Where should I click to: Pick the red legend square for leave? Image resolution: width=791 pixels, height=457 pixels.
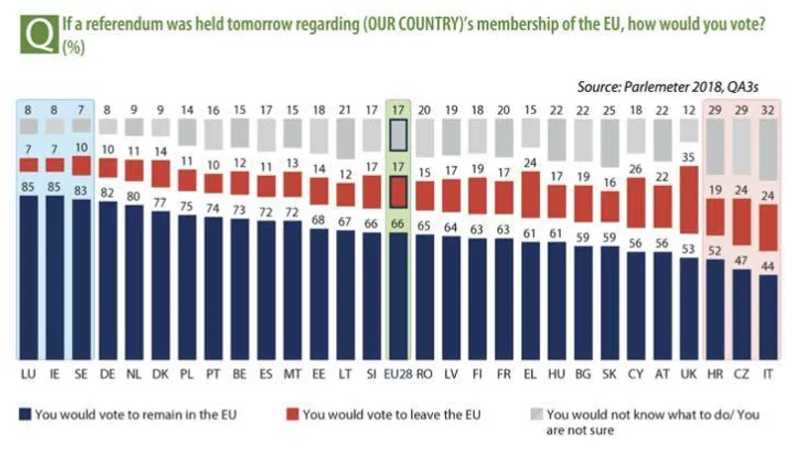coord(291,414)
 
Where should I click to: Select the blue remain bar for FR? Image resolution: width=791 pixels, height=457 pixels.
coord(503,302)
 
